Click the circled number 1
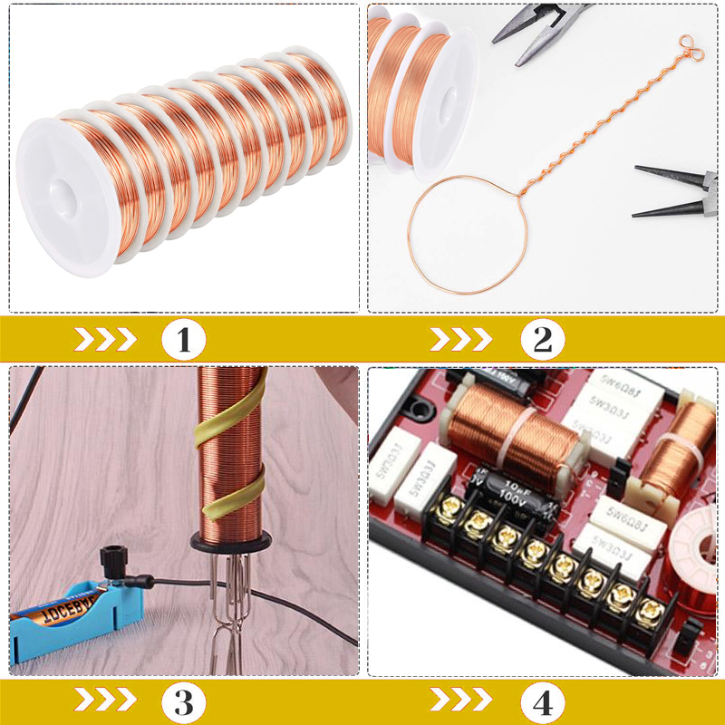[x=184, y=341]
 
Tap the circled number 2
[x=542, y=341]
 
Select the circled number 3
[x=184, y=701]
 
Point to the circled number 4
[x=542, y=701]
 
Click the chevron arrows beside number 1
[x=104, y=341]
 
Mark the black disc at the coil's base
[x=231, y=541]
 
